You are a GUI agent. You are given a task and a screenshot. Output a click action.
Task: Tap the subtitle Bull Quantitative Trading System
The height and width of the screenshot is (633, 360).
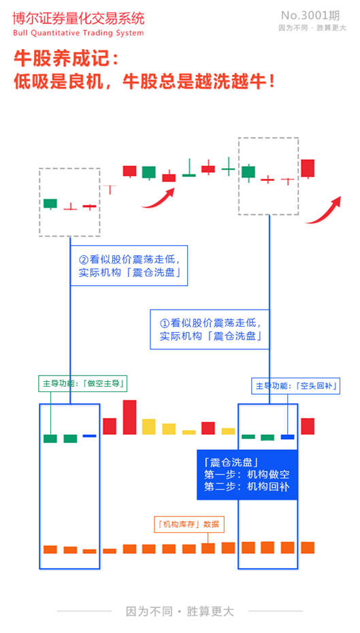pos(78,33)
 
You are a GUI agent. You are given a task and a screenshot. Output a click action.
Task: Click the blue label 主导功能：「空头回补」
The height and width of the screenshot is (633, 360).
pos(297,386)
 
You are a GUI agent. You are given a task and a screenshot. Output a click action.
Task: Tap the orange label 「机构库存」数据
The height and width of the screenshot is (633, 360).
pos(189,524)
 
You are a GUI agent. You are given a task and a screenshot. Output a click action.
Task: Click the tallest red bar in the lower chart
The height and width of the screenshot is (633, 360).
pos(129,417)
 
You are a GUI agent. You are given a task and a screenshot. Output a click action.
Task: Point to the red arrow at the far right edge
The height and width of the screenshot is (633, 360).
pos(323,210)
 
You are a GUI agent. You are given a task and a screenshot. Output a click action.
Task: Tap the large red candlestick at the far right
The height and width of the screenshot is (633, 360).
pos(308,168)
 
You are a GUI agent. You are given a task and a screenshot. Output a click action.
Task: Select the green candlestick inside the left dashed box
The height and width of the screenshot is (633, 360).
pos(50,203)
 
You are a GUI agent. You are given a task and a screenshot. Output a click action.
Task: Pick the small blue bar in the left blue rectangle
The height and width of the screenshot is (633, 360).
pos(89,436)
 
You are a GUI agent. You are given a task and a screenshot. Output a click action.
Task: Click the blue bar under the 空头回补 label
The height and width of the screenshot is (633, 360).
pos(287,436)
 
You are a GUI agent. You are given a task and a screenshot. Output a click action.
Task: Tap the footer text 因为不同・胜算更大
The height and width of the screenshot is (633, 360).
pos(180,611)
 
